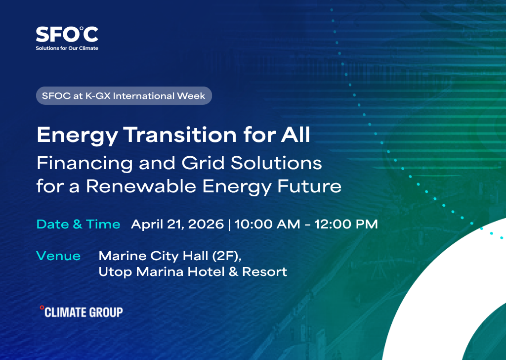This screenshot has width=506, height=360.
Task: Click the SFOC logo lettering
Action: [x=67, y=34]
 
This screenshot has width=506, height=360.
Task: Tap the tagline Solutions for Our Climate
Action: [x=67, y=48]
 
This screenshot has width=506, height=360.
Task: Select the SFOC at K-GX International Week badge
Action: [x=124, y=95]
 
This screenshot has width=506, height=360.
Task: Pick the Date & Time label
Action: [x=78, y=224]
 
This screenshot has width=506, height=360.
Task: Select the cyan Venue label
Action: [x=58, y=256]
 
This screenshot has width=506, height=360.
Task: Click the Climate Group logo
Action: [x=82, y=312]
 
